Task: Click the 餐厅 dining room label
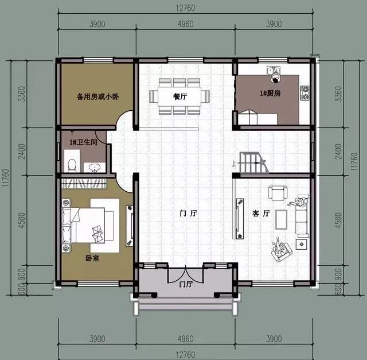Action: [180, 96]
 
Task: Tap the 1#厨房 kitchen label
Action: [270, 93]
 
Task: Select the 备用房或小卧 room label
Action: [98, 96]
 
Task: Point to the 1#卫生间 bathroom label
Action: [83, 142]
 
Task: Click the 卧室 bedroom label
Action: [92, 258]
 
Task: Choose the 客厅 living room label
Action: [261, 213]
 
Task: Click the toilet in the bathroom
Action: [72, 165]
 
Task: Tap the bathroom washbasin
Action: [95, 167]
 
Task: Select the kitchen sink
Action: [274, 69]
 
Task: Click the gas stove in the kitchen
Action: [305, 93]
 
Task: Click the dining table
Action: [179, 96]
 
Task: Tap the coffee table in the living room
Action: [281, 219]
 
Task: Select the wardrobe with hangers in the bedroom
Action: [84, 183]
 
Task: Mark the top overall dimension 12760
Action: [185, 8]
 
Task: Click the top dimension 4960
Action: [185, 24]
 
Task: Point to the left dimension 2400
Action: [22, 152]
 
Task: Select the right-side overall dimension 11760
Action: [354, 161]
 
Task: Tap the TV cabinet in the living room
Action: [240, 218]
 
